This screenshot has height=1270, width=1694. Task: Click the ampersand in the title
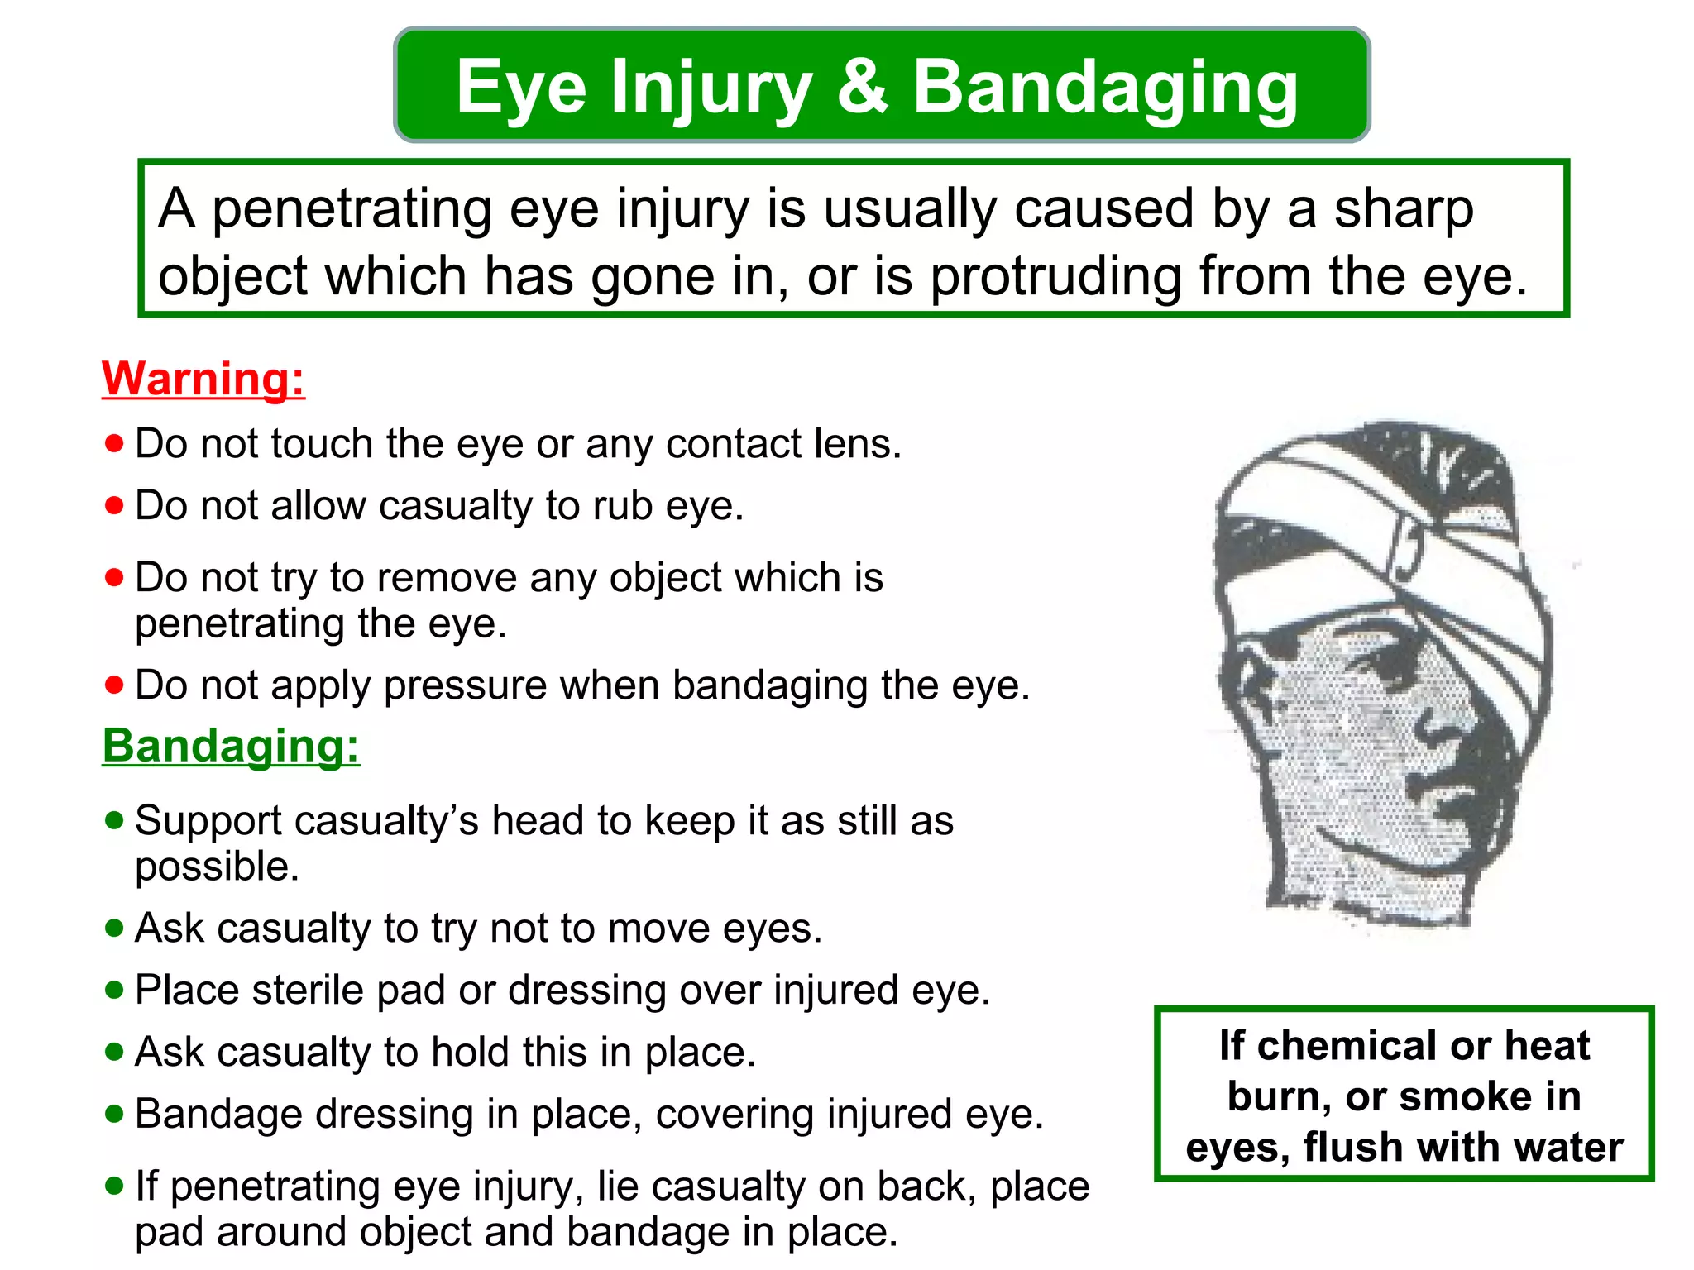[863, 86]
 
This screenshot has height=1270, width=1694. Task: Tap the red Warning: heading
[203, 380]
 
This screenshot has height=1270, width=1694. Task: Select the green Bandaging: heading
[231, 746]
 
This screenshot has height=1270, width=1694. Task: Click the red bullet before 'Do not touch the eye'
[114, 444]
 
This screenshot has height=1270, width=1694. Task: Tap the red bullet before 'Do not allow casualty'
[114, 505]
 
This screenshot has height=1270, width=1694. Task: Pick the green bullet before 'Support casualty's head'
[114, 820]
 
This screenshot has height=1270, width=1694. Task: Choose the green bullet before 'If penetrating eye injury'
[114, 1186]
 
